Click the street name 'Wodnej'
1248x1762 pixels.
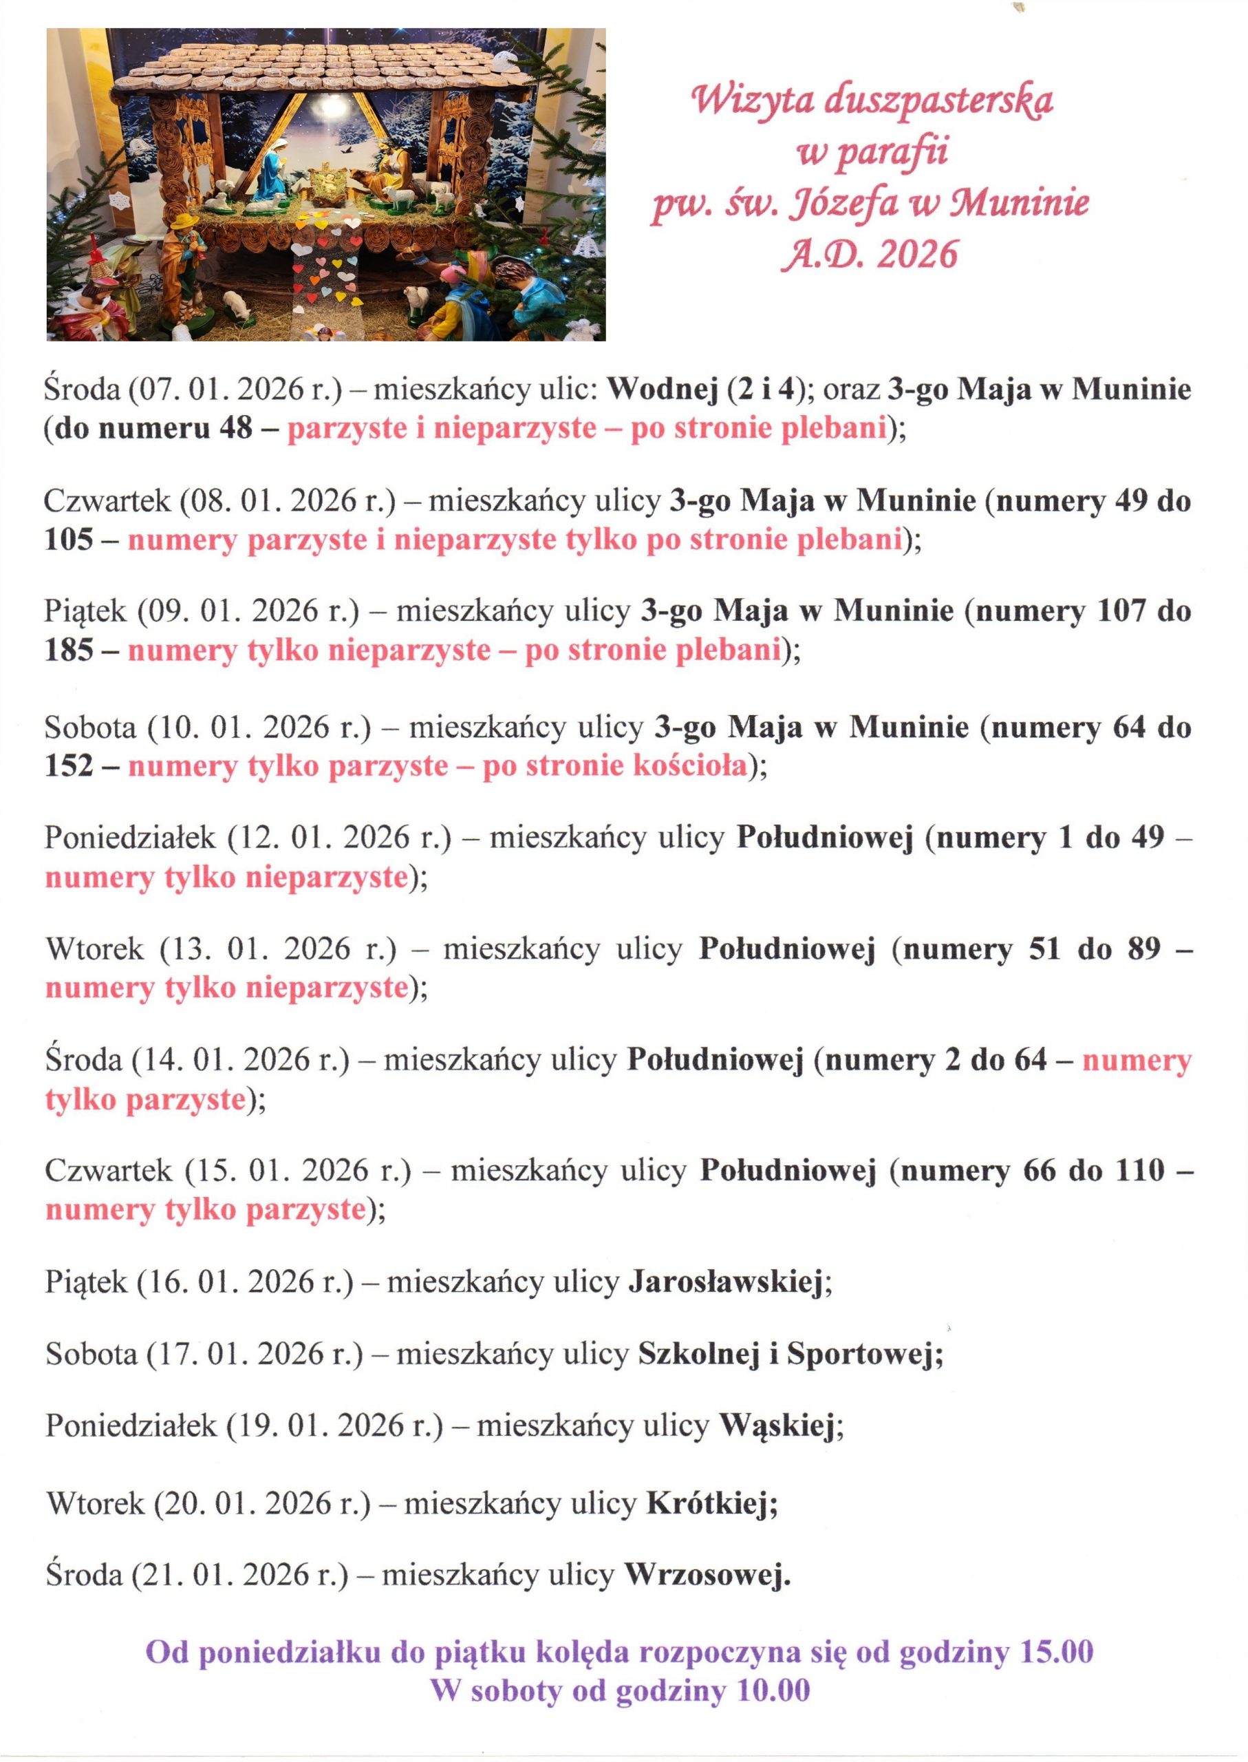point(662,389)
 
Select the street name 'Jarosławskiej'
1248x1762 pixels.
point(725,1282)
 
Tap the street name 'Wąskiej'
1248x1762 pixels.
point(776,1425)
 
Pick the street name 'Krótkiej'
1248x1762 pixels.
point(707,1503)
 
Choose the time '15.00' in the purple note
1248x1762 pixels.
point(1056,1652)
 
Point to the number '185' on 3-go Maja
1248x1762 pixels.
point(68,650)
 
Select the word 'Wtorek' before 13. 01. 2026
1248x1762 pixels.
point(94,948)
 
